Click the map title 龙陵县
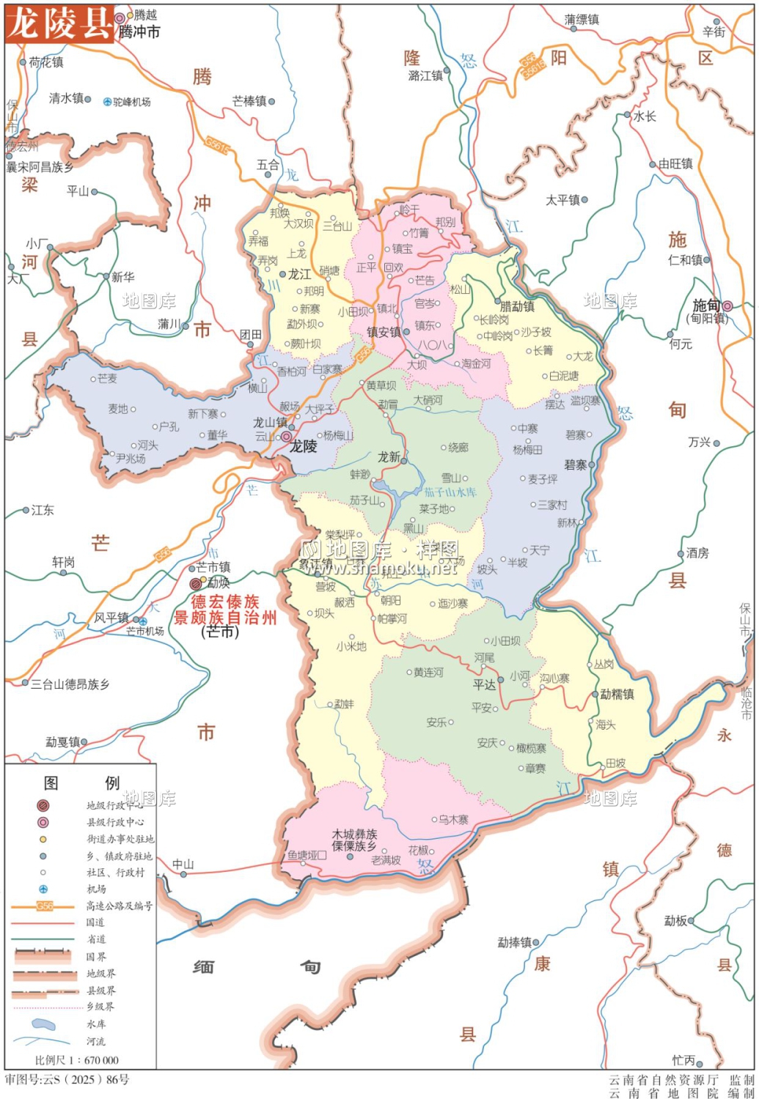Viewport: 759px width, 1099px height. (59, 23)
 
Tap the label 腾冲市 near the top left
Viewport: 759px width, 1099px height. (139, 32)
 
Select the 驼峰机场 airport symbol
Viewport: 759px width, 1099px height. (108, 102)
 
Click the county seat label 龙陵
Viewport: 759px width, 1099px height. (303, 446)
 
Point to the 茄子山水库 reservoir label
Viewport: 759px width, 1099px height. (450, 492)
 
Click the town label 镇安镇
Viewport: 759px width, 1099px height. (384, 332)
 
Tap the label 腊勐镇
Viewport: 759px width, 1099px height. (517, 306)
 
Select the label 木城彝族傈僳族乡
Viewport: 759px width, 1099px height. (354, 840)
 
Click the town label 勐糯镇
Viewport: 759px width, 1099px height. (617, 694)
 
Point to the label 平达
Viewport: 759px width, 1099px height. (484, 684)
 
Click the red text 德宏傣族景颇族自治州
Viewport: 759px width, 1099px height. (225, 610)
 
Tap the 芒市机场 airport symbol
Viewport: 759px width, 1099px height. (143, 621)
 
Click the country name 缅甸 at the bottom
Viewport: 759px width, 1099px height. (257, 967)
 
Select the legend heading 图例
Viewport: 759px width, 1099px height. (81, 782)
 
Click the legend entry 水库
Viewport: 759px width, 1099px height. (96, 1024)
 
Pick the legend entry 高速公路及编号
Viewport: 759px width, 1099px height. (119, 906)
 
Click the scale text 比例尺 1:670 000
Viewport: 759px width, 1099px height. (76, 1059)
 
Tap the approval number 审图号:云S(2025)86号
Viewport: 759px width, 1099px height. (67, 1079)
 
